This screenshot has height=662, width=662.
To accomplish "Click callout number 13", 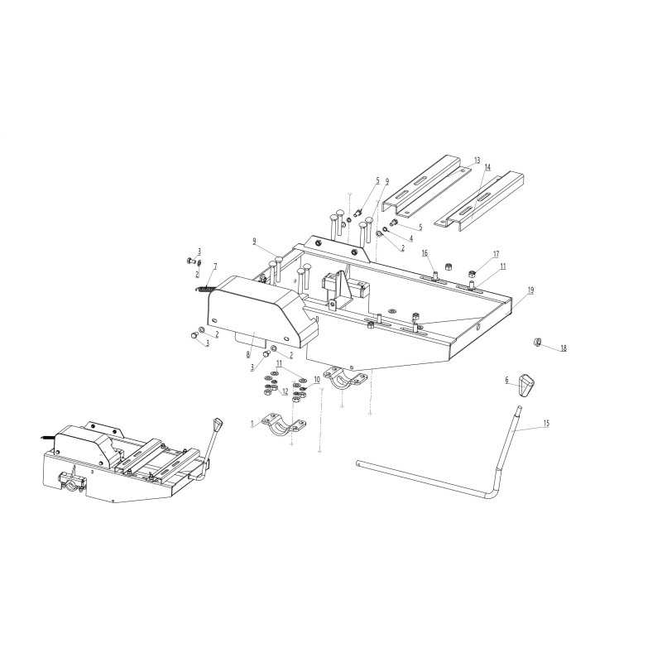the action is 477,161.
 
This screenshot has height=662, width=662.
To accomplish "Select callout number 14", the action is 487,168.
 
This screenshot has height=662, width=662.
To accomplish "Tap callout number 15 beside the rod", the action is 546,423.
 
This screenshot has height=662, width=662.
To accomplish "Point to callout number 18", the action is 564,348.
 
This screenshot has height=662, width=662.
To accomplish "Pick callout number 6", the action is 507,381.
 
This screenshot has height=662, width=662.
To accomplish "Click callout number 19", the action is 530,290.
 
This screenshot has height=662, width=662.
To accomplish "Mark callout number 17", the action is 496,254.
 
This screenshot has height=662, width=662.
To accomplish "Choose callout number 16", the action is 425,253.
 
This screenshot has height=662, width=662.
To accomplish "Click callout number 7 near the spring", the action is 215,266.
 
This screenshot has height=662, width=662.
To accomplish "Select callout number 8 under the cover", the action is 248,355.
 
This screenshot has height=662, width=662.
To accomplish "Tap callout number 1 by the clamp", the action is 252,423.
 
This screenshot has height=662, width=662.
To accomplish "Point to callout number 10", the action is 317,380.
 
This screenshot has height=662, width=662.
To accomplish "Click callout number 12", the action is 285,391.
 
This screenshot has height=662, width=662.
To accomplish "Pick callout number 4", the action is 411,238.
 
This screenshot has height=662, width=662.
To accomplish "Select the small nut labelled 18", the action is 537,342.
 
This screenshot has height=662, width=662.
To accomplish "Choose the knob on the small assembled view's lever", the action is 218,424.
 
